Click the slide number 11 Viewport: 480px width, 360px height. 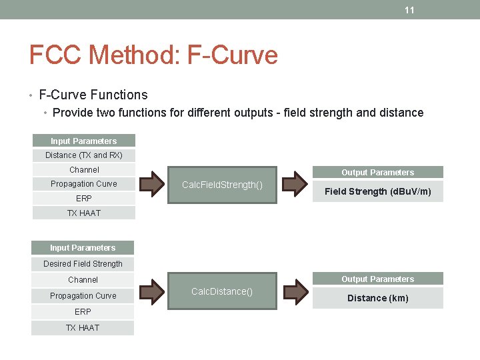click(409, 10)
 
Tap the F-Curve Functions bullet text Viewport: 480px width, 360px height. click(93, 95)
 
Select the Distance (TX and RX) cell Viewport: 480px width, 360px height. click(84, 155)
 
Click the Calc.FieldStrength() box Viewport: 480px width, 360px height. click(222, 185)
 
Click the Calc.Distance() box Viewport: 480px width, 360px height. click(222, 291)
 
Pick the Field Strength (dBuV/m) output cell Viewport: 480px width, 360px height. click(378, 191)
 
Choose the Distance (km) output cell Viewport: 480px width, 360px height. click(378, 298)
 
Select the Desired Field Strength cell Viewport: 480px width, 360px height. click(83, 264)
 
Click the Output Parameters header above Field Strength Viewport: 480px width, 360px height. click(378, 172)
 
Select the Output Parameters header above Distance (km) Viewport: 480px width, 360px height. click(378, 279)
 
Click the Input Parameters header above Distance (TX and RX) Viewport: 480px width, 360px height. click(84, 141)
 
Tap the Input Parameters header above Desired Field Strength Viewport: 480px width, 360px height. click(83, 247)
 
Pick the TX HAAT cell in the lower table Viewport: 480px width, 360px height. click(83, 328)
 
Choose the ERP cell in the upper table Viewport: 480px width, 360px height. click(84, 199)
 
